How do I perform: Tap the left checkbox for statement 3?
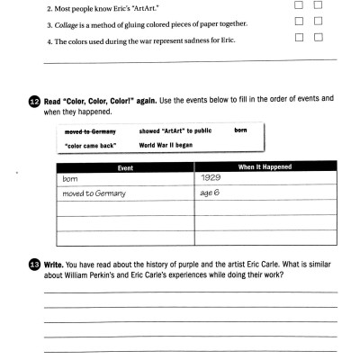[x=299, y=20]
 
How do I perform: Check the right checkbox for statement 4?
[x=318, y=37]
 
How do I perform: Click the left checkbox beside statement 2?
[x=299, y=4]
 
